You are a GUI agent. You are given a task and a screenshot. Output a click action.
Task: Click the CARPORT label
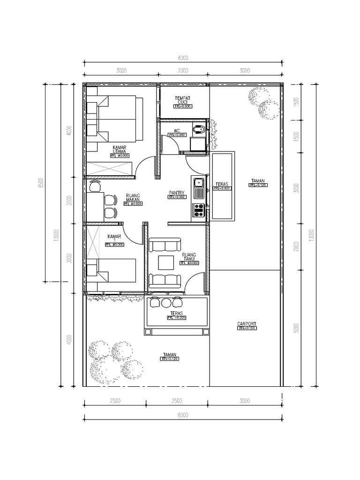(x=246, y=323)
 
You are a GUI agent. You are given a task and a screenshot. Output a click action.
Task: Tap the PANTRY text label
(x=177, y=193)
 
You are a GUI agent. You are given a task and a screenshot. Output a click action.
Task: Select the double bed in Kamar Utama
(x=116, y=119)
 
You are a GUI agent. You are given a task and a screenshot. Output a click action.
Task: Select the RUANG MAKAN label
(x=134, y=199)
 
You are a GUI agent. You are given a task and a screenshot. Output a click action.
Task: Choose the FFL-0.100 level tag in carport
(x=246, y=329)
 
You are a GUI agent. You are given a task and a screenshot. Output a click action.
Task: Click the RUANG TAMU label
(x=189, y=257)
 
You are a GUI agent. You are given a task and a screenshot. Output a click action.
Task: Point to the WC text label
(x=177, y=131)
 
